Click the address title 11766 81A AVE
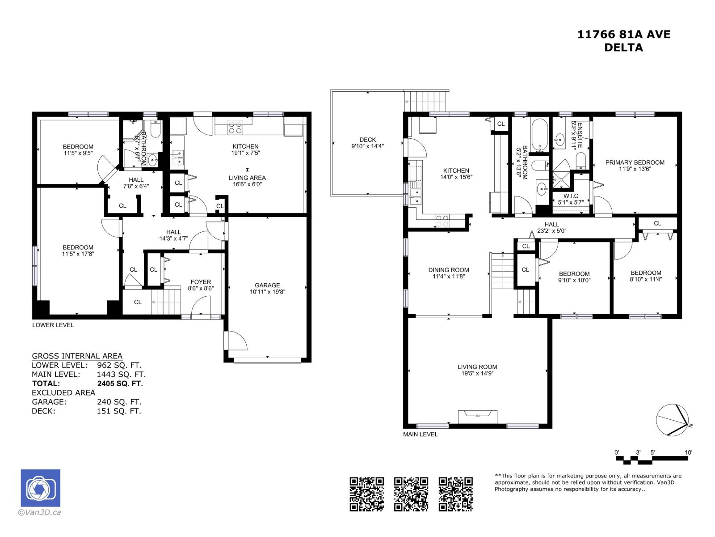point(623,34)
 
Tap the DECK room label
point(367,140)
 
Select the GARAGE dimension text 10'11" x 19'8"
point(267,292)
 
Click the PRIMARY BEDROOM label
point(635,162)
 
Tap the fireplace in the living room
point(477,416)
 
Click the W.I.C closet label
point(571,196)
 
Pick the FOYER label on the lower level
point(201,282)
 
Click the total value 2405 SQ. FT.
point(120,384)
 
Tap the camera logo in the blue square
point(41,488)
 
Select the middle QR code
point(411,494)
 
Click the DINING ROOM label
point(449,270)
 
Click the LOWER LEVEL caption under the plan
point(53,325)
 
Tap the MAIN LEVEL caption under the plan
point(420,434)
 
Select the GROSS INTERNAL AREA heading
point(77,356)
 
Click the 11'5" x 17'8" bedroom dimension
point(78,254)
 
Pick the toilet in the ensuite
point(581,160)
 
